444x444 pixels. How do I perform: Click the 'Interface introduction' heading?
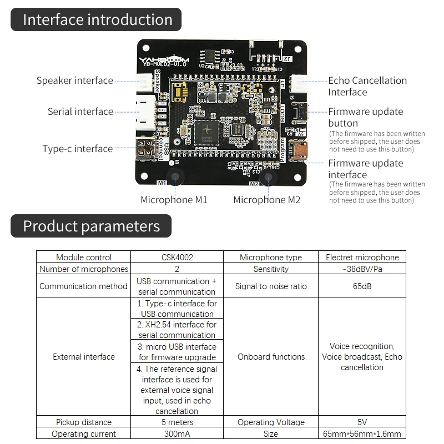pos(97,20)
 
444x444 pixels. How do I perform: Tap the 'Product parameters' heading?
pos(91,226)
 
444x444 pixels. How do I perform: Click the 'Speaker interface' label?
pos(74,80)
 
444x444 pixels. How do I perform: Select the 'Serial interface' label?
pos(80,112)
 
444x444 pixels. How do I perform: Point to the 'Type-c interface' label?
pos(77,149)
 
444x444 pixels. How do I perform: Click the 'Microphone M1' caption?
pos(174,200)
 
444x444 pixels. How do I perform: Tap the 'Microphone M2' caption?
pos(266,200)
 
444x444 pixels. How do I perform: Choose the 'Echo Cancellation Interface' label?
pos(367,86)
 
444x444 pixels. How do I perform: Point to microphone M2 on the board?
pos(269,178)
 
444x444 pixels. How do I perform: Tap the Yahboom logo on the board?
pos(164,59)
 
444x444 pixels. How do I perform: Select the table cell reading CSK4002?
pos(176,257)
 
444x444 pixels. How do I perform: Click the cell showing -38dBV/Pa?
pos(362,269)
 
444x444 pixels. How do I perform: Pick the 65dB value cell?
pos(362,286)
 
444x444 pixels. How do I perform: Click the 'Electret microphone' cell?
pos(362,257)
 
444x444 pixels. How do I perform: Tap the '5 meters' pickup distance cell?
pos(176,422)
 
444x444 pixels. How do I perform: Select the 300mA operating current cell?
pos(176,434)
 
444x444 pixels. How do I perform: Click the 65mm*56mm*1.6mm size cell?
pos(362,434)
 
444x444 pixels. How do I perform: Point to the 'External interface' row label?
pos(84,357)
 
